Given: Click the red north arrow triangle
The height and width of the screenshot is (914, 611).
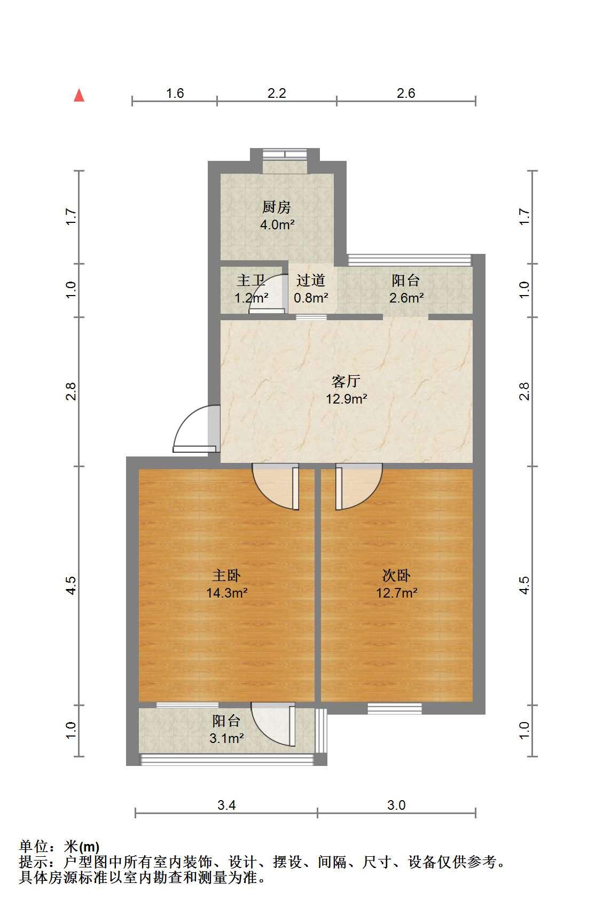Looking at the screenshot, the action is point(79,96).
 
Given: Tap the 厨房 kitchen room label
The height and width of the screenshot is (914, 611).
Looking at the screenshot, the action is point(276,207).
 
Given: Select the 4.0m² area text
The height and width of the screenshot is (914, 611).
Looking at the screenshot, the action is point(277,224).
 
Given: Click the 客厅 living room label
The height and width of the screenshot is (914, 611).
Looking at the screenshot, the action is point(346,381).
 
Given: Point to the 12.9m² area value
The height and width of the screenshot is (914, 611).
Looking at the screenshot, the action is point(346,399).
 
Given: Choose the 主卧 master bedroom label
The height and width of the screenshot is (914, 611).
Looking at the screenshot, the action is point(226,575).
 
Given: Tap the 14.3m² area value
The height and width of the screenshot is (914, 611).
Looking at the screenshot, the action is point(226,592).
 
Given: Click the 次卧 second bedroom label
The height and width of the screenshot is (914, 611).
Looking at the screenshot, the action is point(396,575).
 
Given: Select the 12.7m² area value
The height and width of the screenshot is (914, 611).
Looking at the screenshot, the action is point(397,592).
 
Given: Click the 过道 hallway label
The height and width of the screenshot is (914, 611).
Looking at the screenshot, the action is point(311,280).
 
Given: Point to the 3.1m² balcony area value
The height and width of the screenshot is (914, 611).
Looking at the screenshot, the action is point(226,738).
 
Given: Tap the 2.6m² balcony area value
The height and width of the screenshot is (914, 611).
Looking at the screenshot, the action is point(406,298).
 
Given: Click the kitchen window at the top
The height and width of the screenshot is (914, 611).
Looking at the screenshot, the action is point(285,154).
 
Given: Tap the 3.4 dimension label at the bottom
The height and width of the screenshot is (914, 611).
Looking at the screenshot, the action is point(226,805).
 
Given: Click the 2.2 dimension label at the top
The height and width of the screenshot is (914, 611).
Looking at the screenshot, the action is point(277,93).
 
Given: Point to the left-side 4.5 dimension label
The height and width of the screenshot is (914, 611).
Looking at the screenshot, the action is point(71,585).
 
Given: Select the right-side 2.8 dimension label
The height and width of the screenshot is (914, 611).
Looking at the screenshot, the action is point(524,391).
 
